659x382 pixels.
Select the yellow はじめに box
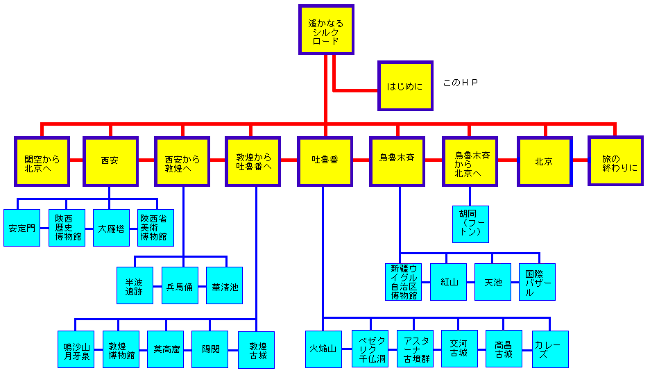pyautogui.click(x=404, y=86)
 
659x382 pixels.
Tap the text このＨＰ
pyautogui.click(x=461, y=83)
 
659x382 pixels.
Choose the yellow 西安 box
pyautogui.click(x=110, y=161)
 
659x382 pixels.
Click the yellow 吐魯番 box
pyautogui.click(x=325, y=161)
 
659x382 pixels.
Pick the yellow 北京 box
pyautogui.click(x=545, y=161)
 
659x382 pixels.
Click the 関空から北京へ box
pyautogui.click(x=42, y=161)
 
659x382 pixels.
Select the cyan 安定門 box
pyautogui.click(x=22, y=228)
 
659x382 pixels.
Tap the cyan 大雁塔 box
pyautogui.click(x=111, y=228)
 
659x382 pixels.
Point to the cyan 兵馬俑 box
pyautogui.click(x=180, y=285)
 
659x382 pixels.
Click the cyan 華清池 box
pyautogui.click(x=224, y=285)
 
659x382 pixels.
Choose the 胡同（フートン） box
pyautogui.click(x=470, y=224)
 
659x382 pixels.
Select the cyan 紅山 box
pyautogui.click(x=448, y=282)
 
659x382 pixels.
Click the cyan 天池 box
pyautogui.click(x=493, y=282)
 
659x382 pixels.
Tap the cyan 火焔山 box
pyautogui.click(x=323, y=349)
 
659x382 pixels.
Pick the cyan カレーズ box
pyautogui.click(x=550, y=349)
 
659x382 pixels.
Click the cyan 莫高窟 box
pyautogui.click(x=166, y=349)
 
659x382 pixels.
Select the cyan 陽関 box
pyautogui.click(x=209, y=349)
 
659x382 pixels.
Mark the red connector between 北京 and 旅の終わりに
pyautogui.click(x=580, y=161)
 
